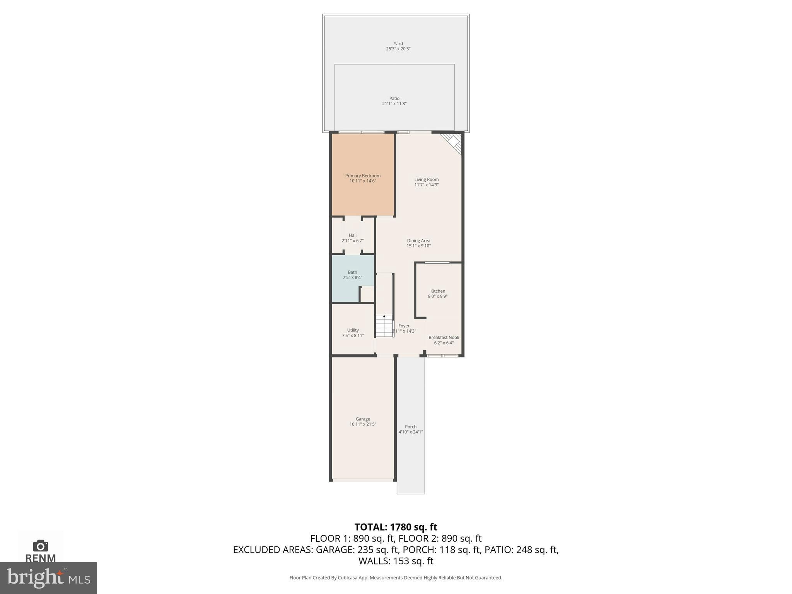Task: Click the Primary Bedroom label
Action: click(x=362, y=176)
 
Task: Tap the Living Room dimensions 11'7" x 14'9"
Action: click(x=426, y=185)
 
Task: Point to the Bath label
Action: click(x=352, y=272)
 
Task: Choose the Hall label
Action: click(x=352, y=235)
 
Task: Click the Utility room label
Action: click(x=353, y=330)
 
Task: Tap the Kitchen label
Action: click(x=437, y=291)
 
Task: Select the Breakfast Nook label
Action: click(x=444, y=338)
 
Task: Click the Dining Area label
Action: click(x=418, y=241)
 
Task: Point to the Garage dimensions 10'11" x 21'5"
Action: click(x=362, y=424)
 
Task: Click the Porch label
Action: click(x=410, y=427)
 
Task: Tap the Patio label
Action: click(x=394, y=99)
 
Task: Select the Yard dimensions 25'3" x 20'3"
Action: click(x=398, y=49)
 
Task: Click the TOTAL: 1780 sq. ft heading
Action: click(x=396, y=527)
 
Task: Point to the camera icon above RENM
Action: click(x=40, y=546)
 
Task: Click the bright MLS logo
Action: click(x=48, y=578)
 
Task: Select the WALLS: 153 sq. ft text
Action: click(x=396, y=561)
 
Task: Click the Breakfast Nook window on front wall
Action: click(x=442, y=355)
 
